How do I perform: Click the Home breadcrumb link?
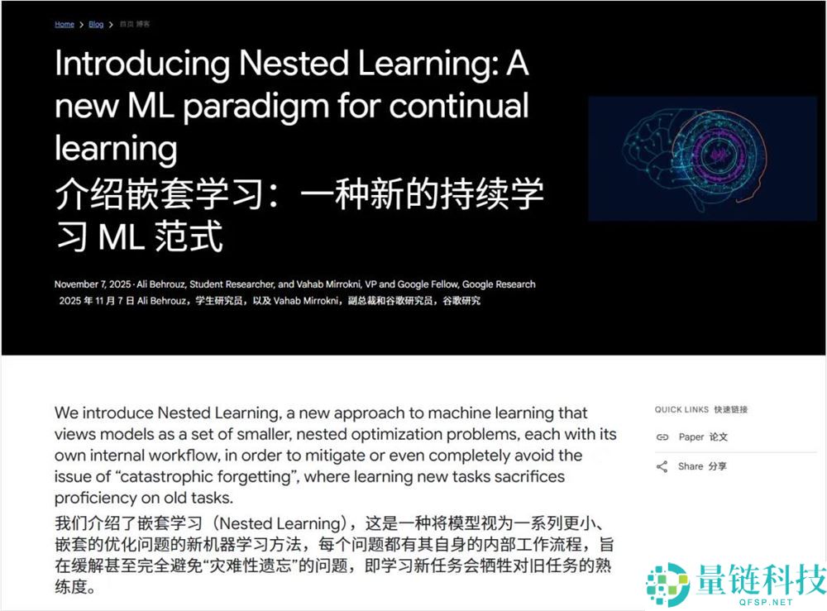point(65,24)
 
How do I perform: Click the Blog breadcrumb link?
point(96,24)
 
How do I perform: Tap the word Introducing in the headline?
point(142,64)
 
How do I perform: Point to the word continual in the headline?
point(459,106)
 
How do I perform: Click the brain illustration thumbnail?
point(702,158)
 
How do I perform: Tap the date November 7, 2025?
point(93,284)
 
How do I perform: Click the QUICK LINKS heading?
point(681,409)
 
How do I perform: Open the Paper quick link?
point(691,437)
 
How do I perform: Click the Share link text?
point(691,466)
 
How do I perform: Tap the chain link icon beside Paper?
point(662,437)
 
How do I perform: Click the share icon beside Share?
point(662,466)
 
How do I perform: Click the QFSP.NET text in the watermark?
point(766,602)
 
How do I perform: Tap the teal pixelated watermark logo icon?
point(667,584)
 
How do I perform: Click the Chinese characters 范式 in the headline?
point(189,236)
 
